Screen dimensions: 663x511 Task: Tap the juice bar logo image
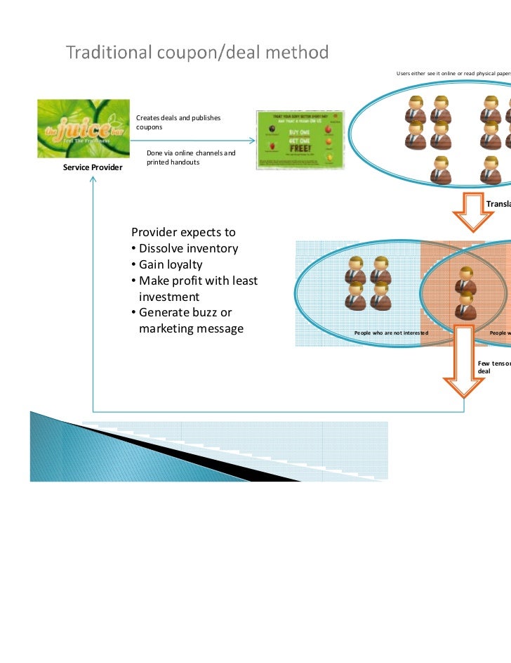(x=83, y=129)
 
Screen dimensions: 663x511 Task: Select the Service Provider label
(x=93, y=167)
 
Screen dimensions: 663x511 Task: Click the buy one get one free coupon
(x=298, y=139)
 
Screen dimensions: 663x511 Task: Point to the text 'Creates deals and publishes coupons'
(x=178, y=122)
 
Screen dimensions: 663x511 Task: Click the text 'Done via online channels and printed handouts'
(x=190, y=157)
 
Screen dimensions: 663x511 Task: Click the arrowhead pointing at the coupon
(x=251, y=139)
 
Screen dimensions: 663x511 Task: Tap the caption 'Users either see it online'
(x=450, y=73)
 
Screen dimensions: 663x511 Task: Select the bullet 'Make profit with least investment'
(x=194, y=289)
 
